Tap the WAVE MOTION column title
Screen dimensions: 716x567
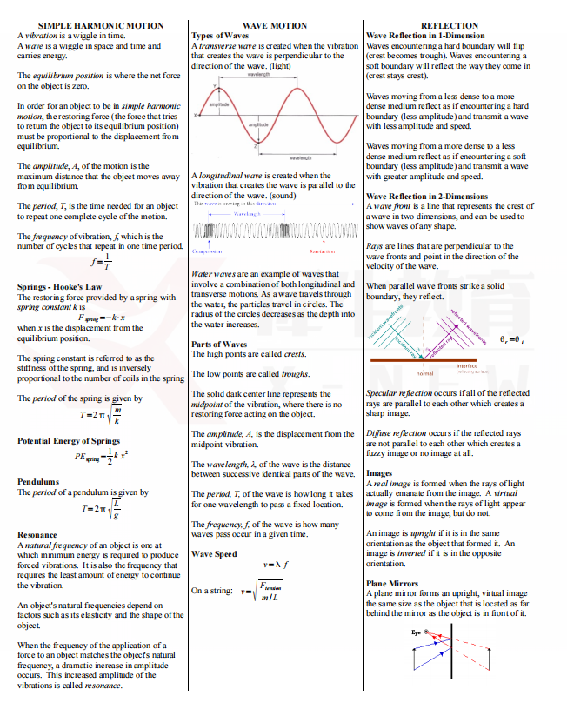tap(274, 26)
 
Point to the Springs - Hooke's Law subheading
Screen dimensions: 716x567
tap(59, 286)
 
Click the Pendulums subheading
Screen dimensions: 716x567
tap(38, 481)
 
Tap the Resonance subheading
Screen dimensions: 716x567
tap(37, 534)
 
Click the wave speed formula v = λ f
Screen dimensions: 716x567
tap(275, 565)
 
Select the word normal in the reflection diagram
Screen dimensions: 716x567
tap(424, 373)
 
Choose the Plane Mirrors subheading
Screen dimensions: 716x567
tap(392, 584)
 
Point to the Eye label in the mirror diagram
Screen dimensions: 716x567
tap(416, 633)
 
